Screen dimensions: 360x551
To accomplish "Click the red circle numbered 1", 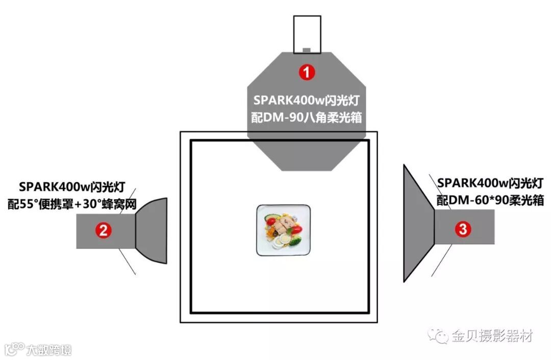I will coord(307,73).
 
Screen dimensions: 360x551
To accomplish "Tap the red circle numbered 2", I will coord(104,231).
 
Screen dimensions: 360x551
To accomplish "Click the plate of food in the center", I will coord(283,230).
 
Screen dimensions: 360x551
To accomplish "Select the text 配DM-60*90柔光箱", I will coord(490,201).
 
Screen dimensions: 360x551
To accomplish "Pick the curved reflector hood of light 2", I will coord(153,231).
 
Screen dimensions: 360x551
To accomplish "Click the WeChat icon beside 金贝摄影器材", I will coord(438,335).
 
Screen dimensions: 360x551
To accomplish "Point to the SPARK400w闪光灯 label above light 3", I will coord(490,183).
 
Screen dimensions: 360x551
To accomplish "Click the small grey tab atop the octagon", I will coord(307,50).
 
